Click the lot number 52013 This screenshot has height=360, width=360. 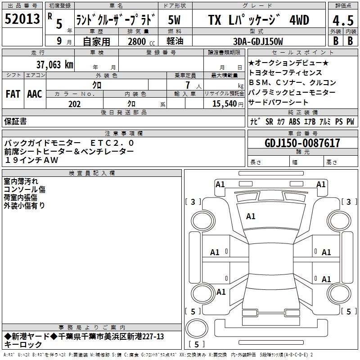point(22,18)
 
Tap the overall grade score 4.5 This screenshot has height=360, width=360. point(343,20)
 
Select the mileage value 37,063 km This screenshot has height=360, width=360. point(54,65)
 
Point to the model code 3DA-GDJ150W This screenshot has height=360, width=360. point(258,41)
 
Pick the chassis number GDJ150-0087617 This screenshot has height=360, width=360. point(302,143)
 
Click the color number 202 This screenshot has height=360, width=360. point(74,104)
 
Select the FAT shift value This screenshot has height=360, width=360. point(13,94)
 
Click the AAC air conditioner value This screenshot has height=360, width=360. point(35,94)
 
